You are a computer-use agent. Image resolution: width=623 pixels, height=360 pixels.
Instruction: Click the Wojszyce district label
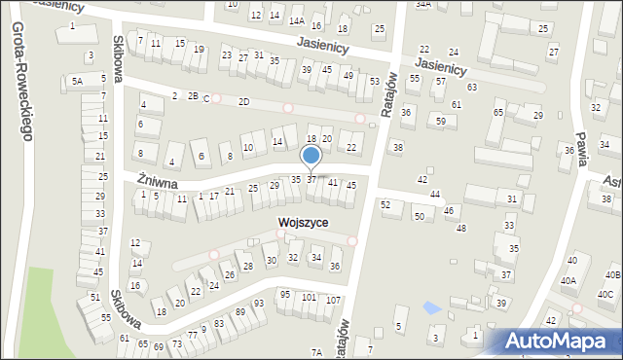[x=303, y=223]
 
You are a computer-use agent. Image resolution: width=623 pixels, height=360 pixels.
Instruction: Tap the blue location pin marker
[x=311, y=157]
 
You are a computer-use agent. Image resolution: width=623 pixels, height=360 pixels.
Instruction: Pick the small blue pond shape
[x=432, y=308]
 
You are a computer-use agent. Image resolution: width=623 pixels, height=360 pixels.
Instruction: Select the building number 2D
[x=243, y=101]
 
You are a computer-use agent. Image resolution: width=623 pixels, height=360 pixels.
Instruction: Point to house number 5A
[x=77, y=82]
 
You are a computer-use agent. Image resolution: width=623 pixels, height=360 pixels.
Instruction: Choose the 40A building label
[x=568, y=281]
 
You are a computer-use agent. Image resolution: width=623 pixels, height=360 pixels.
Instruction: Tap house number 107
[x=333, y=299]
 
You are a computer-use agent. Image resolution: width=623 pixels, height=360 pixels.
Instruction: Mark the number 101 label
[x=309, y=297]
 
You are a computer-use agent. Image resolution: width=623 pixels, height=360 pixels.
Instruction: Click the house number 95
[x=285, y=294]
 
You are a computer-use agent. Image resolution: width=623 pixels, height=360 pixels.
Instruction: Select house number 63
[x=472, y=88]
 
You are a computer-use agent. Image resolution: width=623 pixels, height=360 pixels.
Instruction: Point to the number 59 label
[x=441, y=122]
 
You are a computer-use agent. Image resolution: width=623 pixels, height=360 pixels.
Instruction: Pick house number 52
[x=385, y=204]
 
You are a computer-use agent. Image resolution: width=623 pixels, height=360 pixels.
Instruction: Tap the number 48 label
[x=461, y=228]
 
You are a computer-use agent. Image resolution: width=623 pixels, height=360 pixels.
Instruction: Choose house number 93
[x=259, y=303]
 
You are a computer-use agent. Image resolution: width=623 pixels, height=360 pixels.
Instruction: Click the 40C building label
[x=605, y=295]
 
